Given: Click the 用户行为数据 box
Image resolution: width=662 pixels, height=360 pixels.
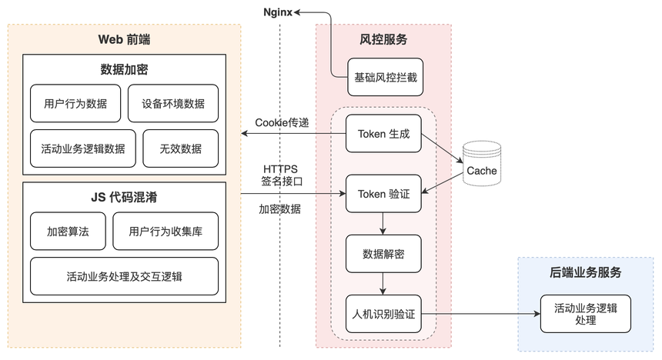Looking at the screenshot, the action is [x=75, y=103].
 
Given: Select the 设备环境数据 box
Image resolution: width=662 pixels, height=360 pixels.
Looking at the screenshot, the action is [x=173, y=103].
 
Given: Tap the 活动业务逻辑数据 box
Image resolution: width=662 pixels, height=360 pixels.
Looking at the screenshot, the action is [x=83, y=148].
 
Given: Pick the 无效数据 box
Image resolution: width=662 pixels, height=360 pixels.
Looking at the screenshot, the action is [x=181, y=148].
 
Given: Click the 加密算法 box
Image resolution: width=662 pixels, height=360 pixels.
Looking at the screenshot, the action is [x=68, y=232].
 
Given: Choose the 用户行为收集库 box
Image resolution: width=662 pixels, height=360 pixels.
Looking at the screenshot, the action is [x=165, y=232].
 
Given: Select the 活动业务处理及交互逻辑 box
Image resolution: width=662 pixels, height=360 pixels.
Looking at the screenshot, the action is [x=124, y=276].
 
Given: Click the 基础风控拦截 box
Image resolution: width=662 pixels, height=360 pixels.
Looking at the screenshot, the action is [x=385, y=77].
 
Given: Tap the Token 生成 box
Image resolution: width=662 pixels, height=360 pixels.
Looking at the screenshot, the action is [x=383, y=134].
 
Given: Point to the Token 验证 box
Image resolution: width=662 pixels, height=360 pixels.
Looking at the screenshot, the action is [x=383, y=194].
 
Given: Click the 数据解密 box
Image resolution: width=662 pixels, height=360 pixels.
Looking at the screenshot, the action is [x=383, y=254].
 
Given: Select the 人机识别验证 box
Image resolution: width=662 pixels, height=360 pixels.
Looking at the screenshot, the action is [x=383, y=314].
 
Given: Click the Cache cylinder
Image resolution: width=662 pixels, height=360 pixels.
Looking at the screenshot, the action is [x=482, y=164].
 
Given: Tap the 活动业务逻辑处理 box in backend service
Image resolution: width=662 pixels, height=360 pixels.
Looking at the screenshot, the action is [x=586, y=314].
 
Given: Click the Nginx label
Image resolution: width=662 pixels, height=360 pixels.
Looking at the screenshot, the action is [x=277, y=12].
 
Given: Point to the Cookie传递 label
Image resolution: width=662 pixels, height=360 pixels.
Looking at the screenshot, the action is [x=282, y=123].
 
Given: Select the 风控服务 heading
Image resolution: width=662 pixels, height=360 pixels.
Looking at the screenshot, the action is [x=383, y=40].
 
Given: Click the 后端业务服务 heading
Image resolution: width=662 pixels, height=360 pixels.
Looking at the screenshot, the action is [x=586, y=272].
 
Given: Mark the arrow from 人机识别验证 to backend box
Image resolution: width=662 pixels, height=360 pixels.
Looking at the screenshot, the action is [x=481, y=314].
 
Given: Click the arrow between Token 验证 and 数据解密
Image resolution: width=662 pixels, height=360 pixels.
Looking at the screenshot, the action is [x=383, y=224].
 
